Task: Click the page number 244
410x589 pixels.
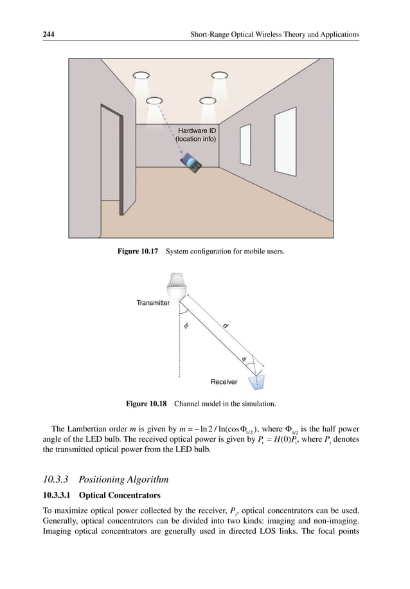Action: click(x=43, y=33)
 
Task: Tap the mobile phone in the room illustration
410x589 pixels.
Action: click(x=192, y=163)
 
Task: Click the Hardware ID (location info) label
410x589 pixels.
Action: click(x=197, y=134)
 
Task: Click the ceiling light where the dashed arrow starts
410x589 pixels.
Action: click(x=154, y=101)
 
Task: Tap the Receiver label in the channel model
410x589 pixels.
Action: click(x=224, y=382)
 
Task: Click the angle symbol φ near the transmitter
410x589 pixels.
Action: click(x=186, y=326)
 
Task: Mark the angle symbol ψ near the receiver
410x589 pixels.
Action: click(x=244, y=359)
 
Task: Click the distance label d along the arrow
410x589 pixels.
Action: click(x=226, y=326)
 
